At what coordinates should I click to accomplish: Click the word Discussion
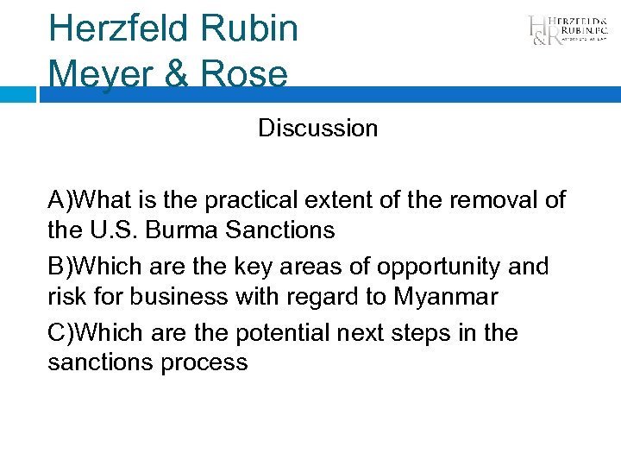pyautogui.click(x=317, y=129)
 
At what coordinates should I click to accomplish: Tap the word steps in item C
pyautogui.click(x=442, y=332)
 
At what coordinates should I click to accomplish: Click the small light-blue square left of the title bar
pyautogui.click(x=18, y=93)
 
